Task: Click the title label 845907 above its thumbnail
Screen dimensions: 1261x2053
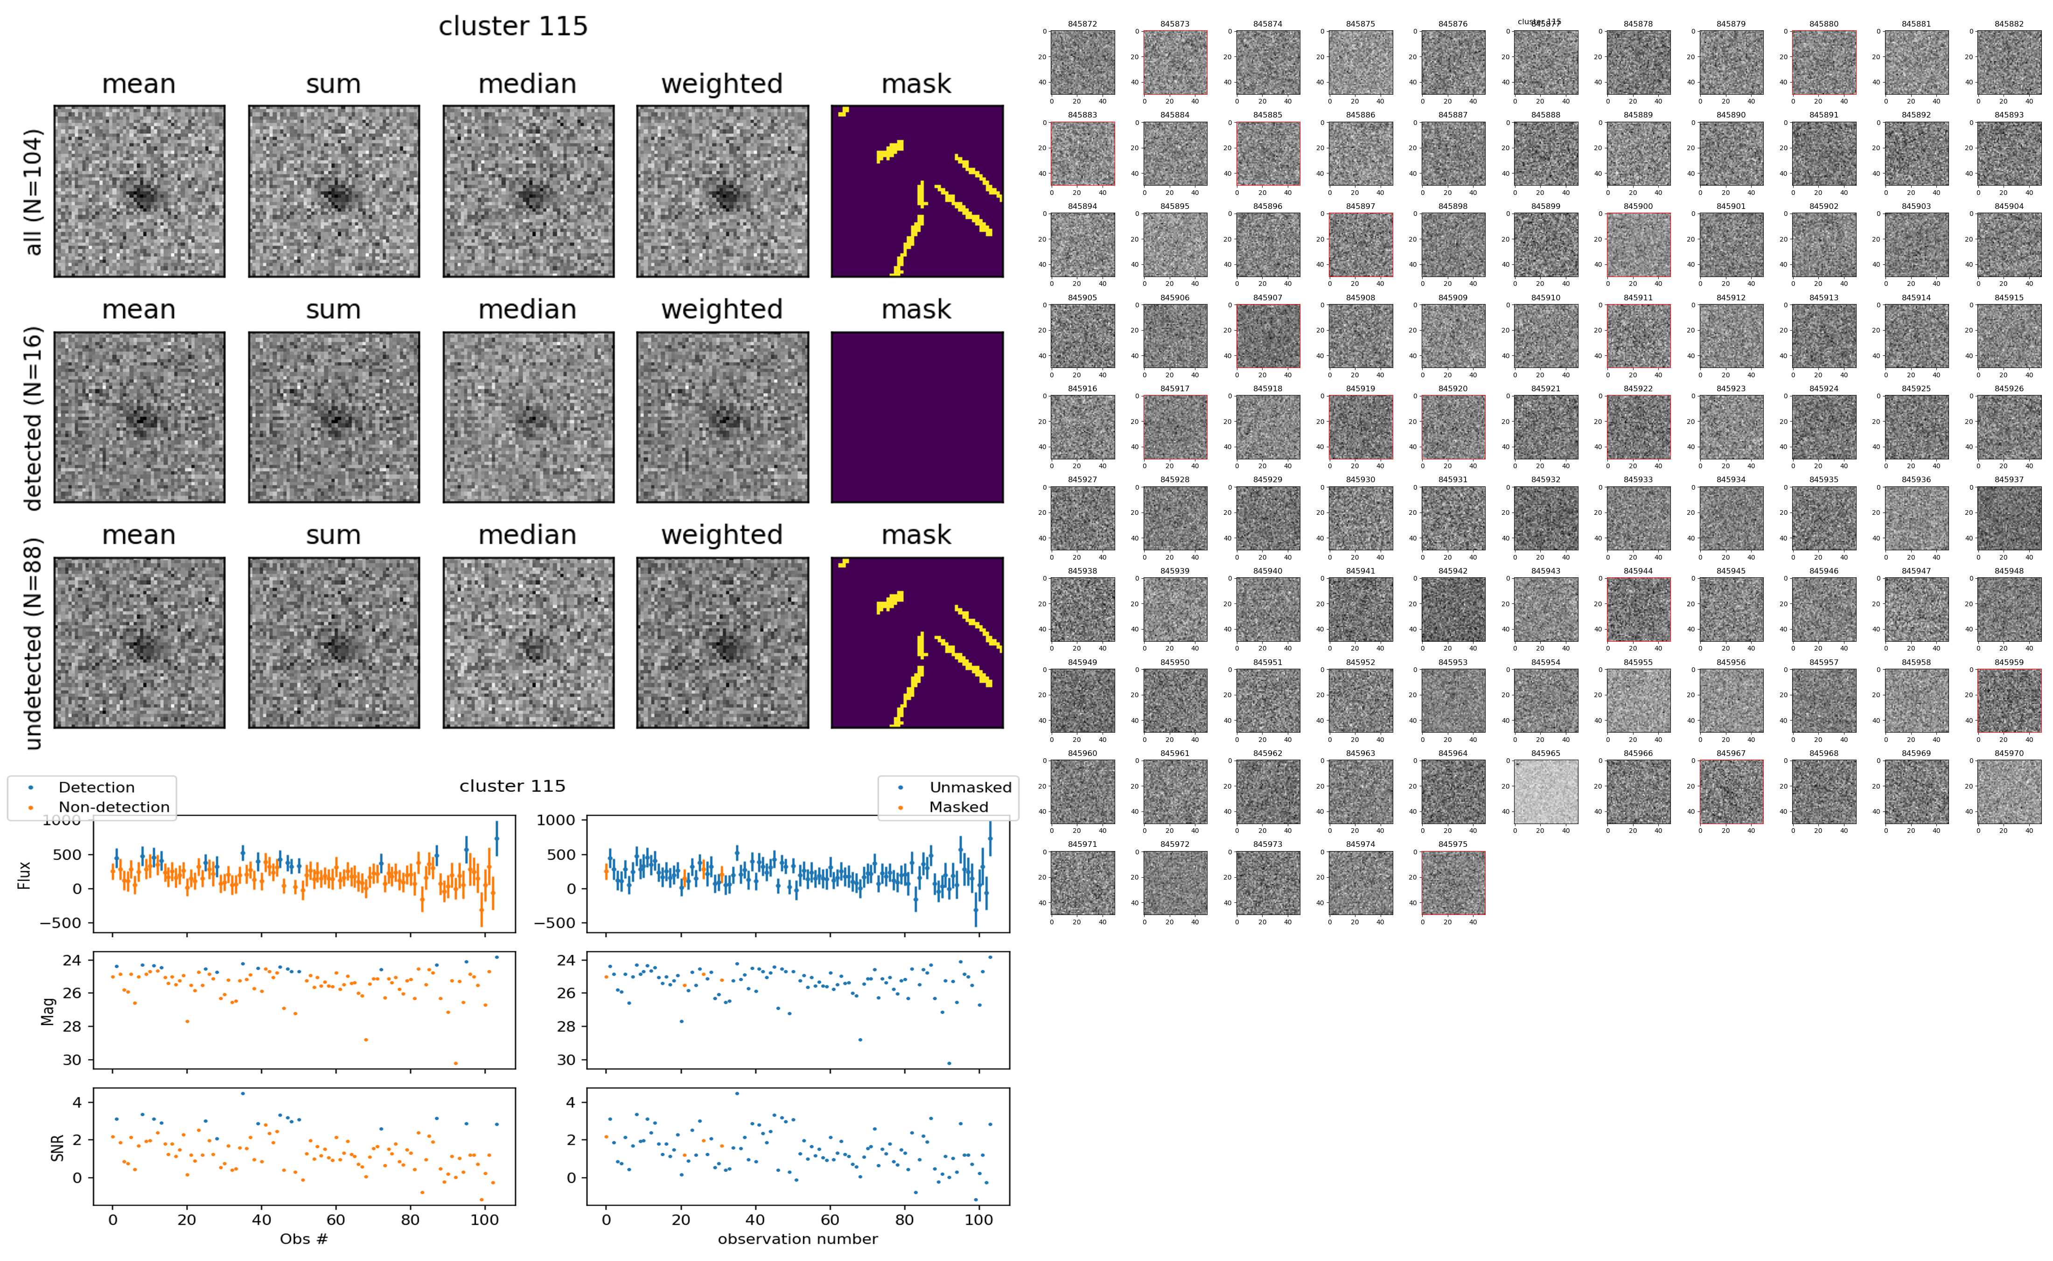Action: (x=1267, y=298)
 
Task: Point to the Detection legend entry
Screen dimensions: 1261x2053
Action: (x=96, y=787)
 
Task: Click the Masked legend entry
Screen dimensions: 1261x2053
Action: (x=957, y=806)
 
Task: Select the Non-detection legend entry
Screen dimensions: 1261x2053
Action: (x=113, y=806)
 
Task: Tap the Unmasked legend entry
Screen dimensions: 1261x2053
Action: (x=970, y=787)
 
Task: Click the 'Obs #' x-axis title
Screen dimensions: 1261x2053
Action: (x=304, y=1239)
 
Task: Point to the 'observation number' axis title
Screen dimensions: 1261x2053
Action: (x=797, y=1239)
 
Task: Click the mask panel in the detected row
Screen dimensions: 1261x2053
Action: (x=917, y=417)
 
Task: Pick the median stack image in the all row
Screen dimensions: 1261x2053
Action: (x=528, y=191)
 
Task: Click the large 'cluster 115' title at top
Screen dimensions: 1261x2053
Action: (x=513, y=27)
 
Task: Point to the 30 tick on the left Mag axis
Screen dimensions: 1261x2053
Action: (x=73, y=1060)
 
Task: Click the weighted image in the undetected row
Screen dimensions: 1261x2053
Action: (x=722, y=642)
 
